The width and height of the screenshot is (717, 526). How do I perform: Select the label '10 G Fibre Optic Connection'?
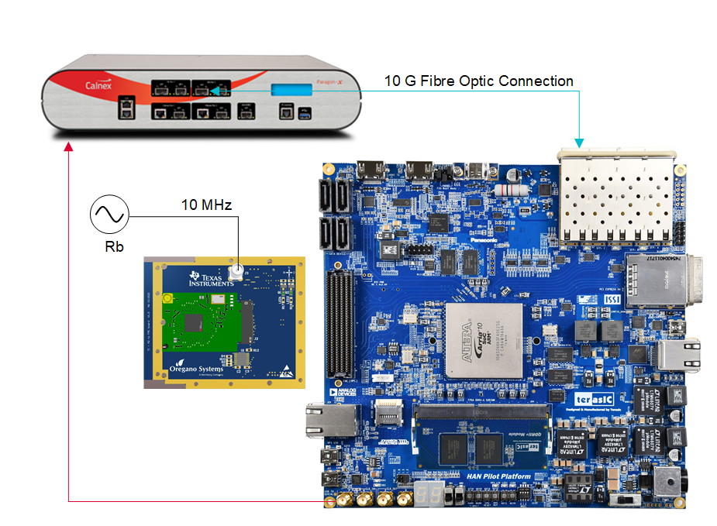point(479,81)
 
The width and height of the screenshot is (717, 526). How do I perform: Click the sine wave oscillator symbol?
point(109,215)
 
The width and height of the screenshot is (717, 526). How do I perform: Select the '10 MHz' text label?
point(206,205)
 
